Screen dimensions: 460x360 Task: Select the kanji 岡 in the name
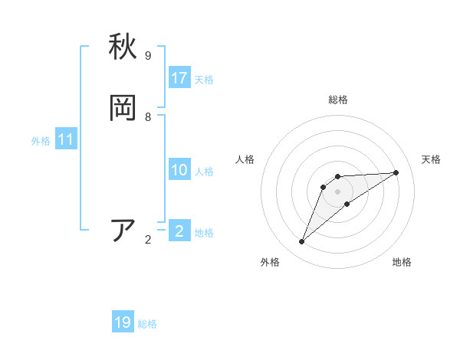tap(123, 108)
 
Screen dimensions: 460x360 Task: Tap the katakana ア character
tap(123, 231)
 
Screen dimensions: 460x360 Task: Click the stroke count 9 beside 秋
tap(148, 56)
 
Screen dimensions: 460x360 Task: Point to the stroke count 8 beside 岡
tap(148, 117)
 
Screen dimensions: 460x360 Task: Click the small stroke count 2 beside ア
tap(148, 240)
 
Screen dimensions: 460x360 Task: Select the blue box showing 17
tap(179, 78)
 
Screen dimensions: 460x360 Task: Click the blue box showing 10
tap(179, 170)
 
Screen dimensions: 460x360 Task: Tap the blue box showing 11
tap(66, 140)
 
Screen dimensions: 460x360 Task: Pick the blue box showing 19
tap(123, 322)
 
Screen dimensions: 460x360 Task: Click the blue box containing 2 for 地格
tap(179, 231)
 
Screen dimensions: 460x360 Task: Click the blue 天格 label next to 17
tap(204, 80)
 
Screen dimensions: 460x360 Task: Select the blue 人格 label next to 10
tap(204, 172)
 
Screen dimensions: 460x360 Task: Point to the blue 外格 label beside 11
tap(41, 141)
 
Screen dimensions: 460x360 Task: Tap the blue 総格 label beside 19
tap(147, 324)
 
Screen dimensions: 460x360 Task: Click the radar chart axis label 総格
tap(338, 100)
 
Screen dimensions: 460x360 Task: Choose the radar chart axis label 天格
tap(431, 159)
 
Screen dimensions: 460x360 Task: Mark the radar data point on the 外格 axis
tap(302, 241)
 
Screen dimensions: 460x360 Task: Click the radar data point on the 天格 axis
tap(396, 172)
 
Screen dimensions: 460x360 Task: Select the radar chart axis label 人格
tap(245, 159)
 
